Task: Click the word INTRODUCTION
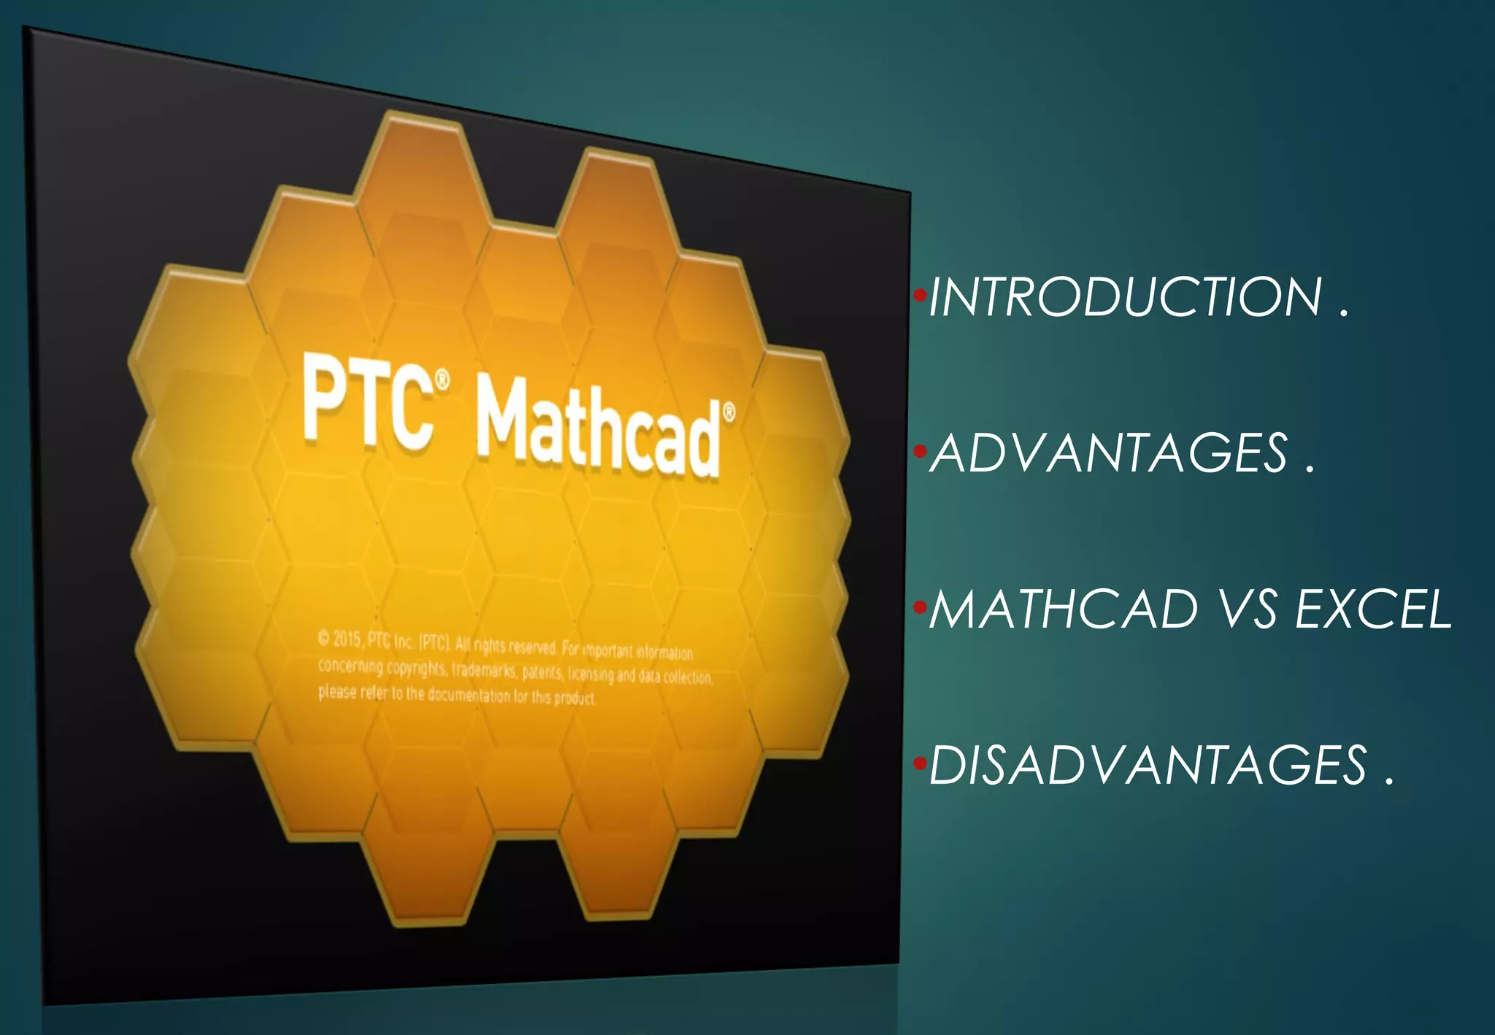[x=1125, y=297]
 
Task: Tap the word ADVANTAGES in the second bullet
[x=1109, y=453]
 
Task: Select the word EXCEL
[x=1372, y=609]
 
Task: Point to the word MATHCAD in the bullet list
[x=1063, y=609]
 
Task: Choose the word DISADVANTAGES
[x=1148, y=766]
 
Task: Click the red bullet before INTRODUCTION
[x=920, y=296]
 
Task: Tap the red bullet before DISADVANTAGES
[x=920, y=764]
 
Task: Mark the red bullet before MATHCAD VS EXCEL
[x=920, y=607]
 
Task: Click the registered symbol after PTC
[x=442, y=380]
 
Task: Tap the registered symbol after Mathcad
[x=728, y=413]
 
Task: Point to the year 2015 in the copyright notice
[x=347, y=639]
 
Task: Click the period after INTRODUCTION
[x=1344, y=314]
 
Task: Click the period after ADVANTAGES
[x=1310, y=469]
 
